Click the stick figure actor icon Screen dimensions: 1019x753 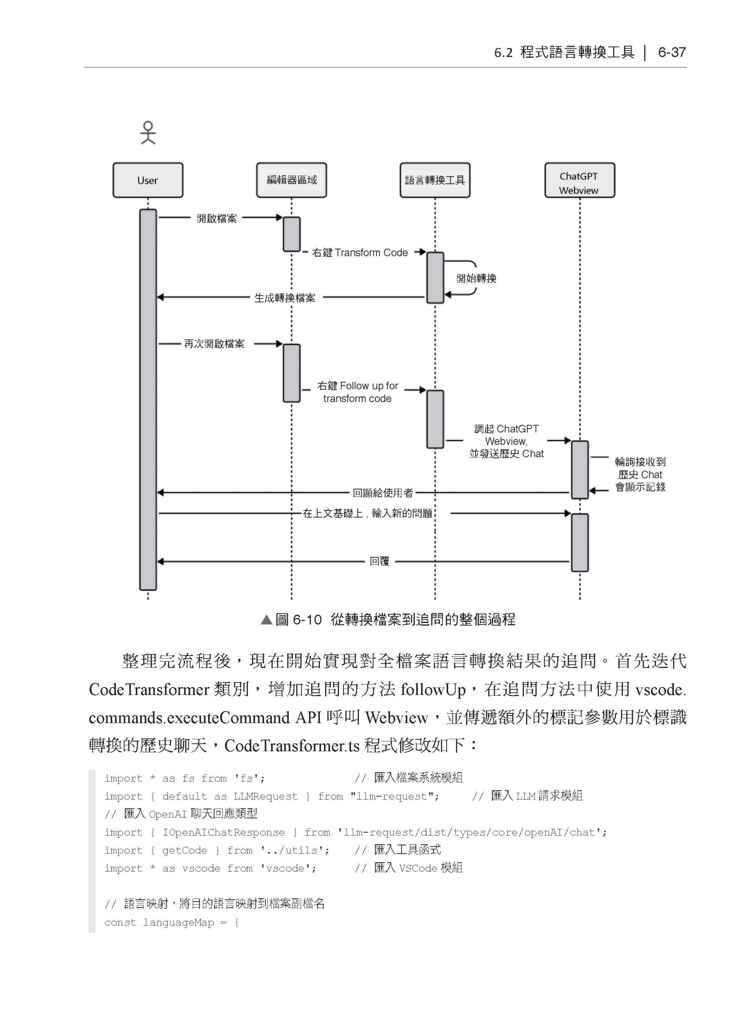pos(148,133)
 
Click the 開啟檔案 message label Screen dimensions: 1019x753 pos(217,219)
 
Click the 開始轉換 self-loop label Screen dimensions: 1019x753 pos(476,279)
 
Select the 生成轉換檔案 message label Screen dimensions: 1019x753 pos(285,298)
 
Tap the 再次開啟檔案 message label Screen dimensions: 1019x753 pos(214,344)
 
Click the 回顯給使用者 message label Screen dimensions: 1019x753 pos(383,493)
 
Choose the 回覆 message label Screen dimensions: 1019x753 pos(379,562)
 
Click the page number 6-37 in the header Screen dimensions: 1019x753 pos(671,53)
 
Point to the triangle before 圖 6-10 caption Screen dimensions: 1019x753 pos(266,620)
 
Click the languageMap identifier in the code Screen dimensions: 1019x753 pos(178,922)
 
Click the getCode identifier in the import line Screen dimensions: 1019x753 pos(184,850)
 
